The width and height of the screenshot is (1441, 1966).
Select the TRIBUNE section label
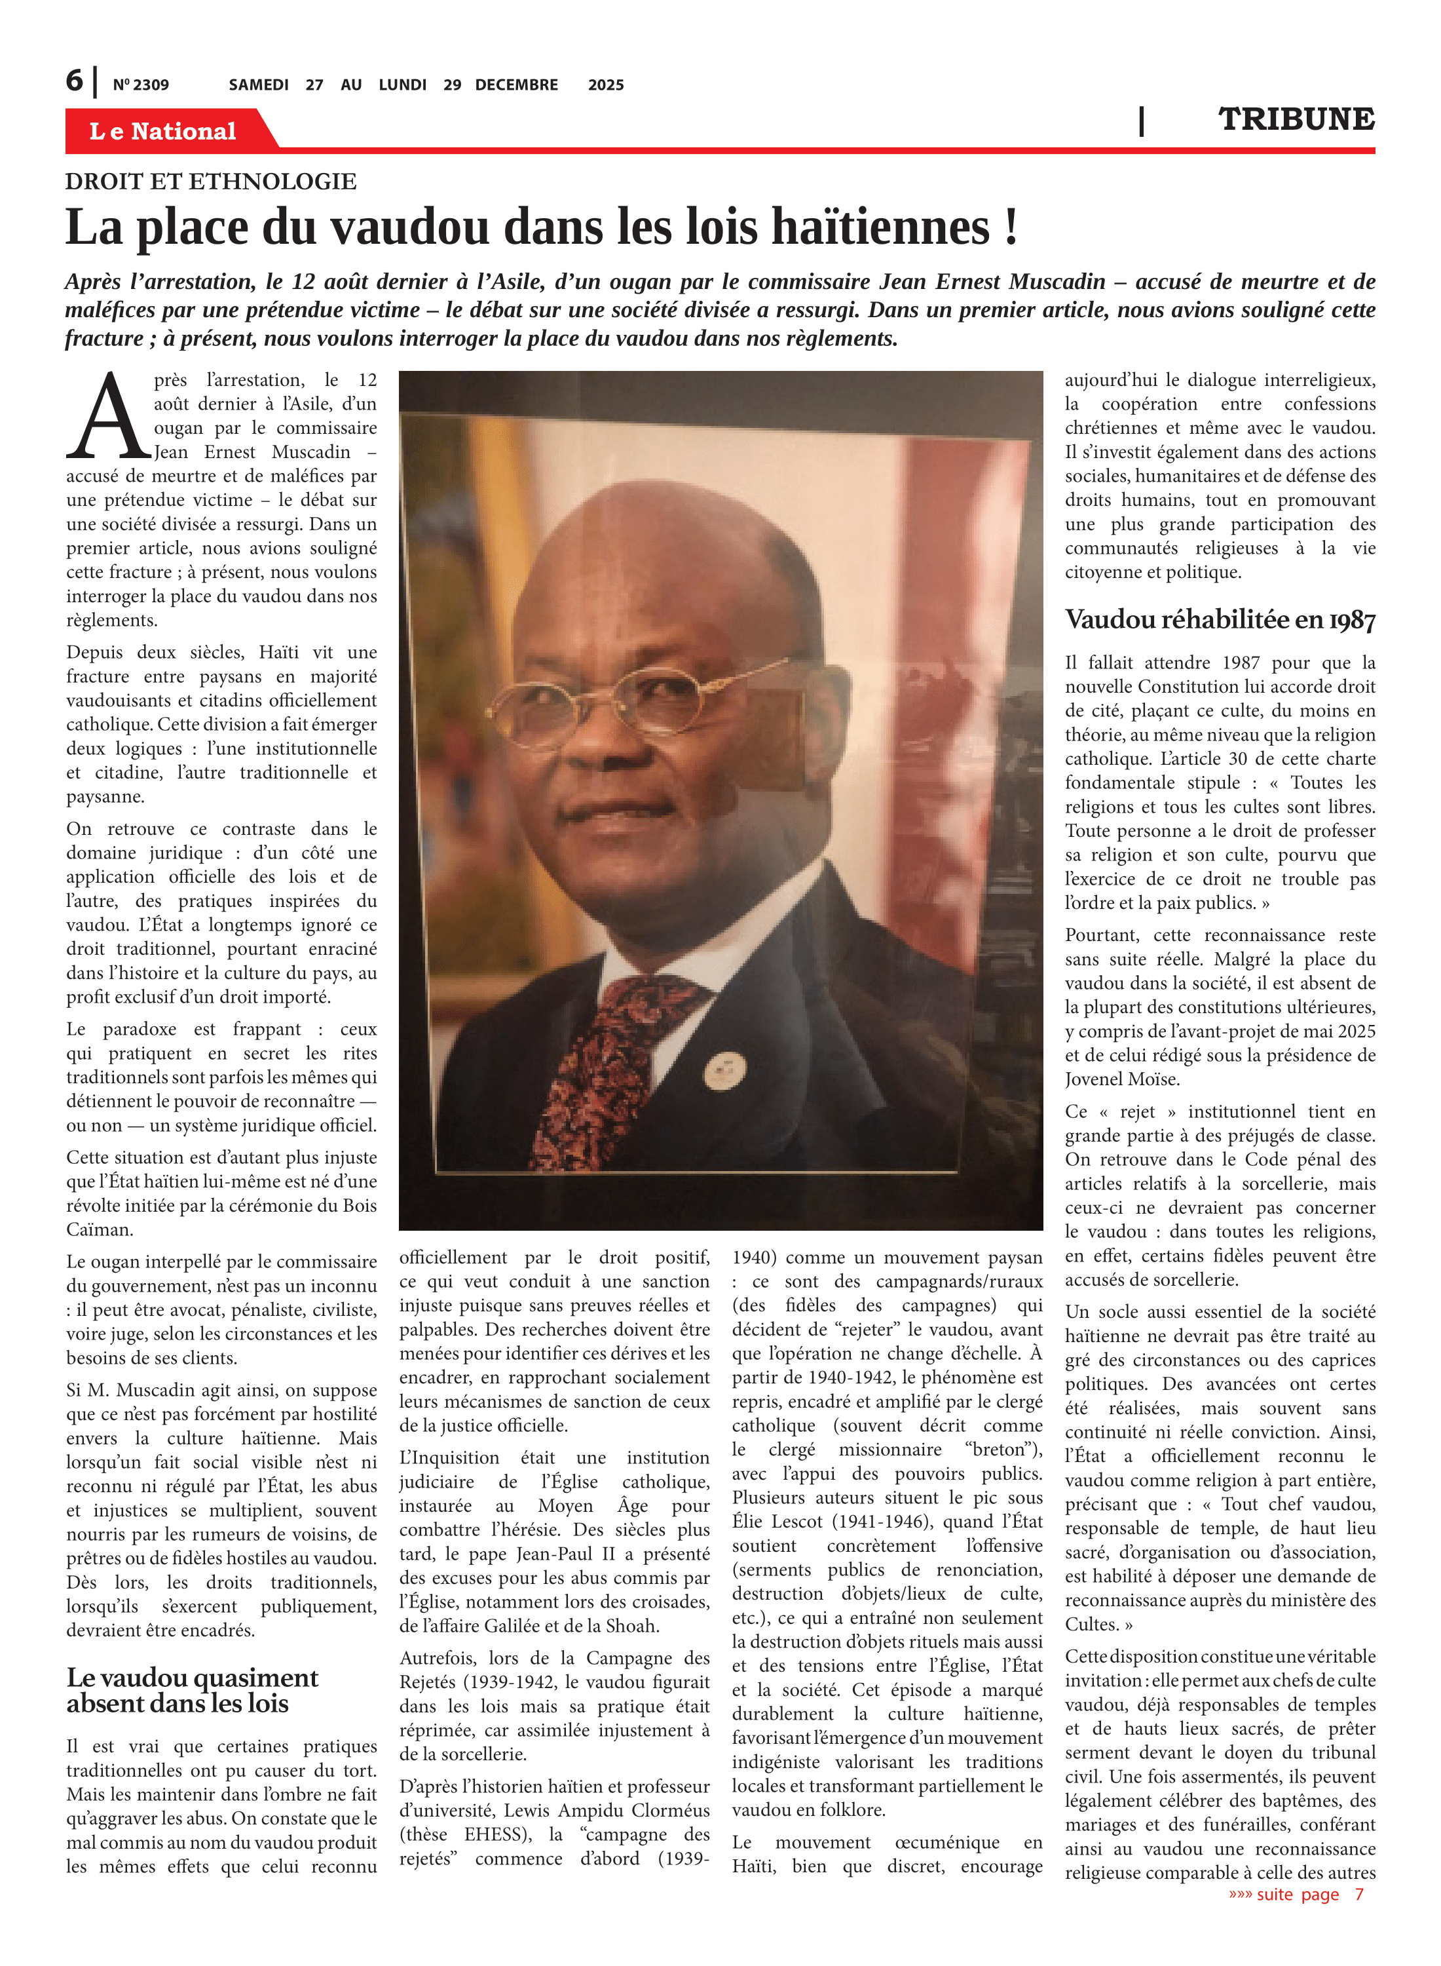[1296, 119]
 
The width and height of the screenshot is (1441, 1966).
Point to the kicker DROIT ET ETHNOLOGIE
[210, 182]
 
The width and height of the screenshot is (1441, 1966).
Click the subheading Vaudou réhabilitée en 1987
[1220, 621]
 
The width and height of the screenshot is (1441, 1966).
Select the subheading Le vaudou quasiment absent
[192, 1690]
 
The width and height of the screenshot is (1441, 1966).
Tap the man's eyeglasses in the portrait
[610, 698]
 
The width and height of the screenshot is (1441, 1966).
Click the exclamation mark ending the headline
[1010, 228]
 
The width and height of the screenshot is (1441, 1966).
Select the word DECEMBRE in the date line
[516, 85]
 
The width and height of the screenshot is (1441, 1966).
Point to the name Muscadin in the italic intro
[1057, 282]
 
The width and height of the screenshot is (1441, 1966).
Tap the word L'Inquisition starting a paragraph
[449, 1458]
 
